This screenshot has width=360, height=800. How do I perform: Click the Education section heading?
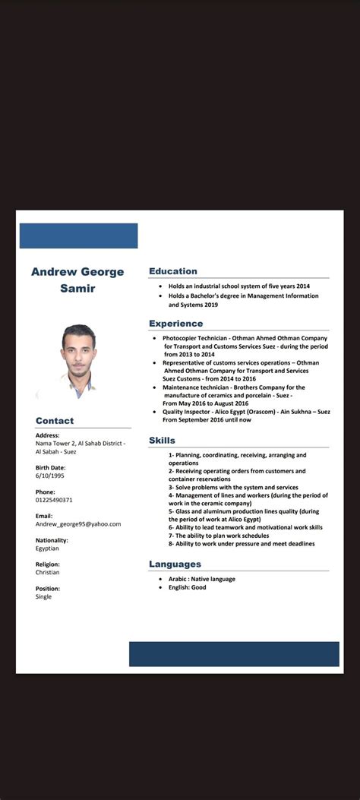173,271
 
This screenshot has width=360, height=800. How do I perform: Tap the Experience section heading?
175,324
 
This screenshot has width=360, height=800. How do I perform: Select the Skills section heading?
162,440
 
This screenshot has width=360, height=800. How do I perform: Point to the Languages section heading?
175,564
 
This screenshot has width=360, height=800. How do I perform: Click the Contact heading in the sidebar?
55,421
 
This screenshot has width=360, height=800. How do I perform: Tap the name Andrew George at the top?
77,272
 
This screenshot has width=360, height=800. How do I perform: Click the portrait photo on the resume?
78,361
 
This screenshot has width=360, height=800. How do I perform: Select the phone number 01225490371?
54,500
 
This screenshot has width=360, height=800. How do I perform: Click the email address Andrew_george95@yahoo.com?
78,524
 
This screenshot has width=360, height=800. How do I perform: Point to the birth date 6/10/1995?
50,476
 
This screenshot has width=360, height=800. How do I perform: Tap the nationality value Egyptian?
47,548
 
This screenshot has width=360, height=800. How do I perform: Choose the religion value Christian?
47,572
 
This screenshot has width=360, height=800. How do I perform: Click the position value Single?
44,596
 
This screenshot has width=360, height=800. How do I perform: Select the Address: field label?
47,435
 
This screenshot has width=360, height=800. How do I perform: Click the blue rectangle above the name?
78,236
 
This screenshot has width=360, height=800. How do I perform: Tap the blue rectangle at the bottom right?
234,654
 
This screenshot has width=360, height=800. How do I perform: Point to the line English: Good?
187,587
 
